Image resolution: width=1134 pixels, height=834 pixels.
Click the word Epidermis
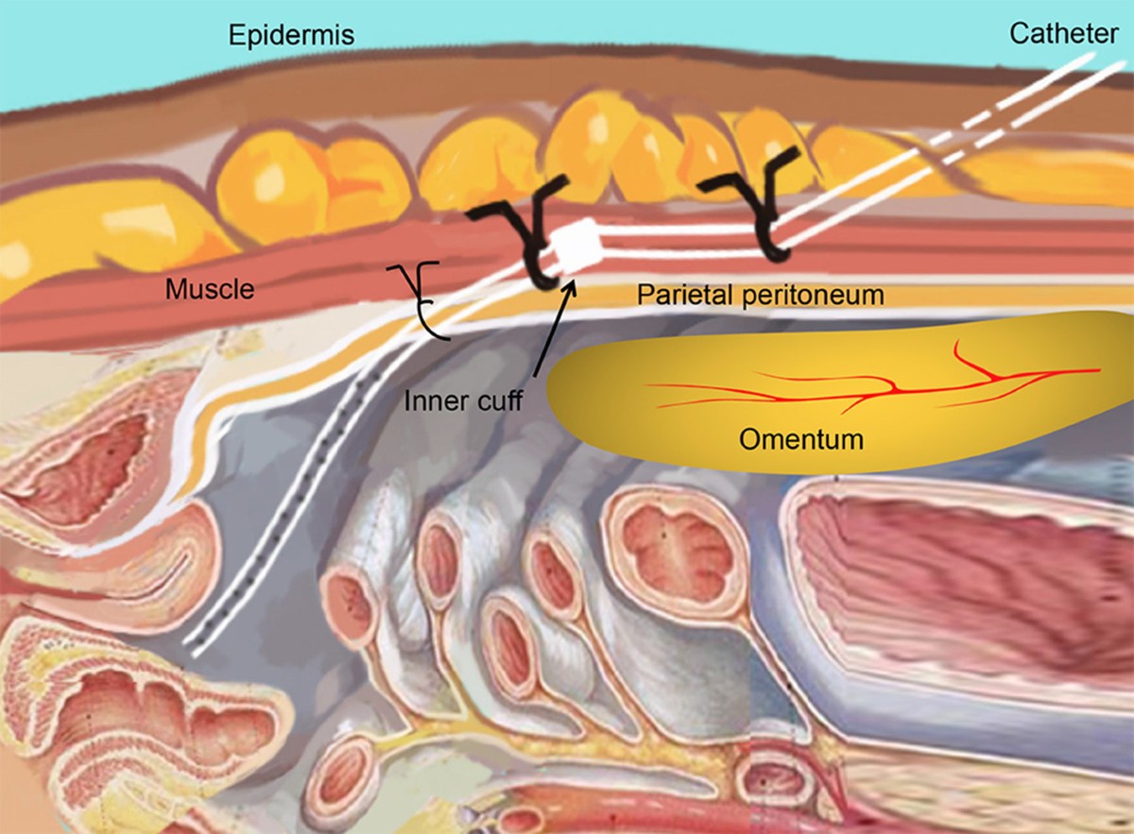(291, 36)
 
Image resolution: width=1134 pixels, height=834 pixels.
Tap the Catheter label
(1064, 34)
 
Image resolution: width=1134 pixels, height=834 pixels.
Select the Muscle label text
(210, 288)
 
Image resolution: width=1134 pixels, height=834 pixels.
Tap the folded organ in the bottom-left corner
(123, 718)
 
